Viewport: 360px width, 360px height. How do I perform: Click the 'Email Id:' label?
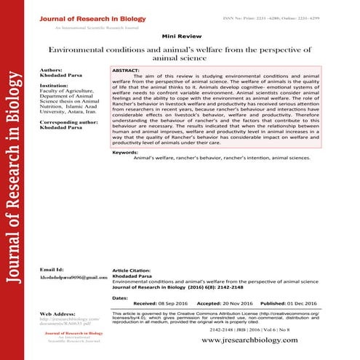point(46,269)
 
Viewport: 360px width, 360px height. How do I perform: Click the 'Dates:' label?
point(121,298)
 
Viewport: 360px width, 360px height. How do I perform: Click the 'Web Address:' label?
point(52,313)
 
